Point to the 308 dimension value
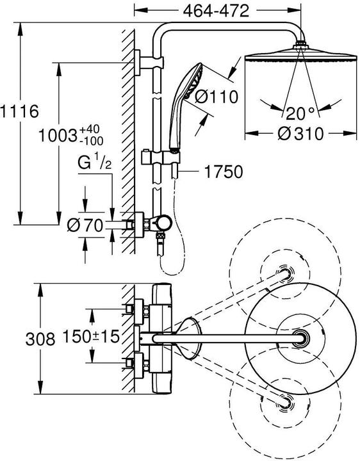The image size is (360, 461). pyautogui.click(x=19, y=339)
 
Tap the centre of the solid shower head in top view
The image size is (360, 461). pyautogui.click(x=301, y=337)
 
